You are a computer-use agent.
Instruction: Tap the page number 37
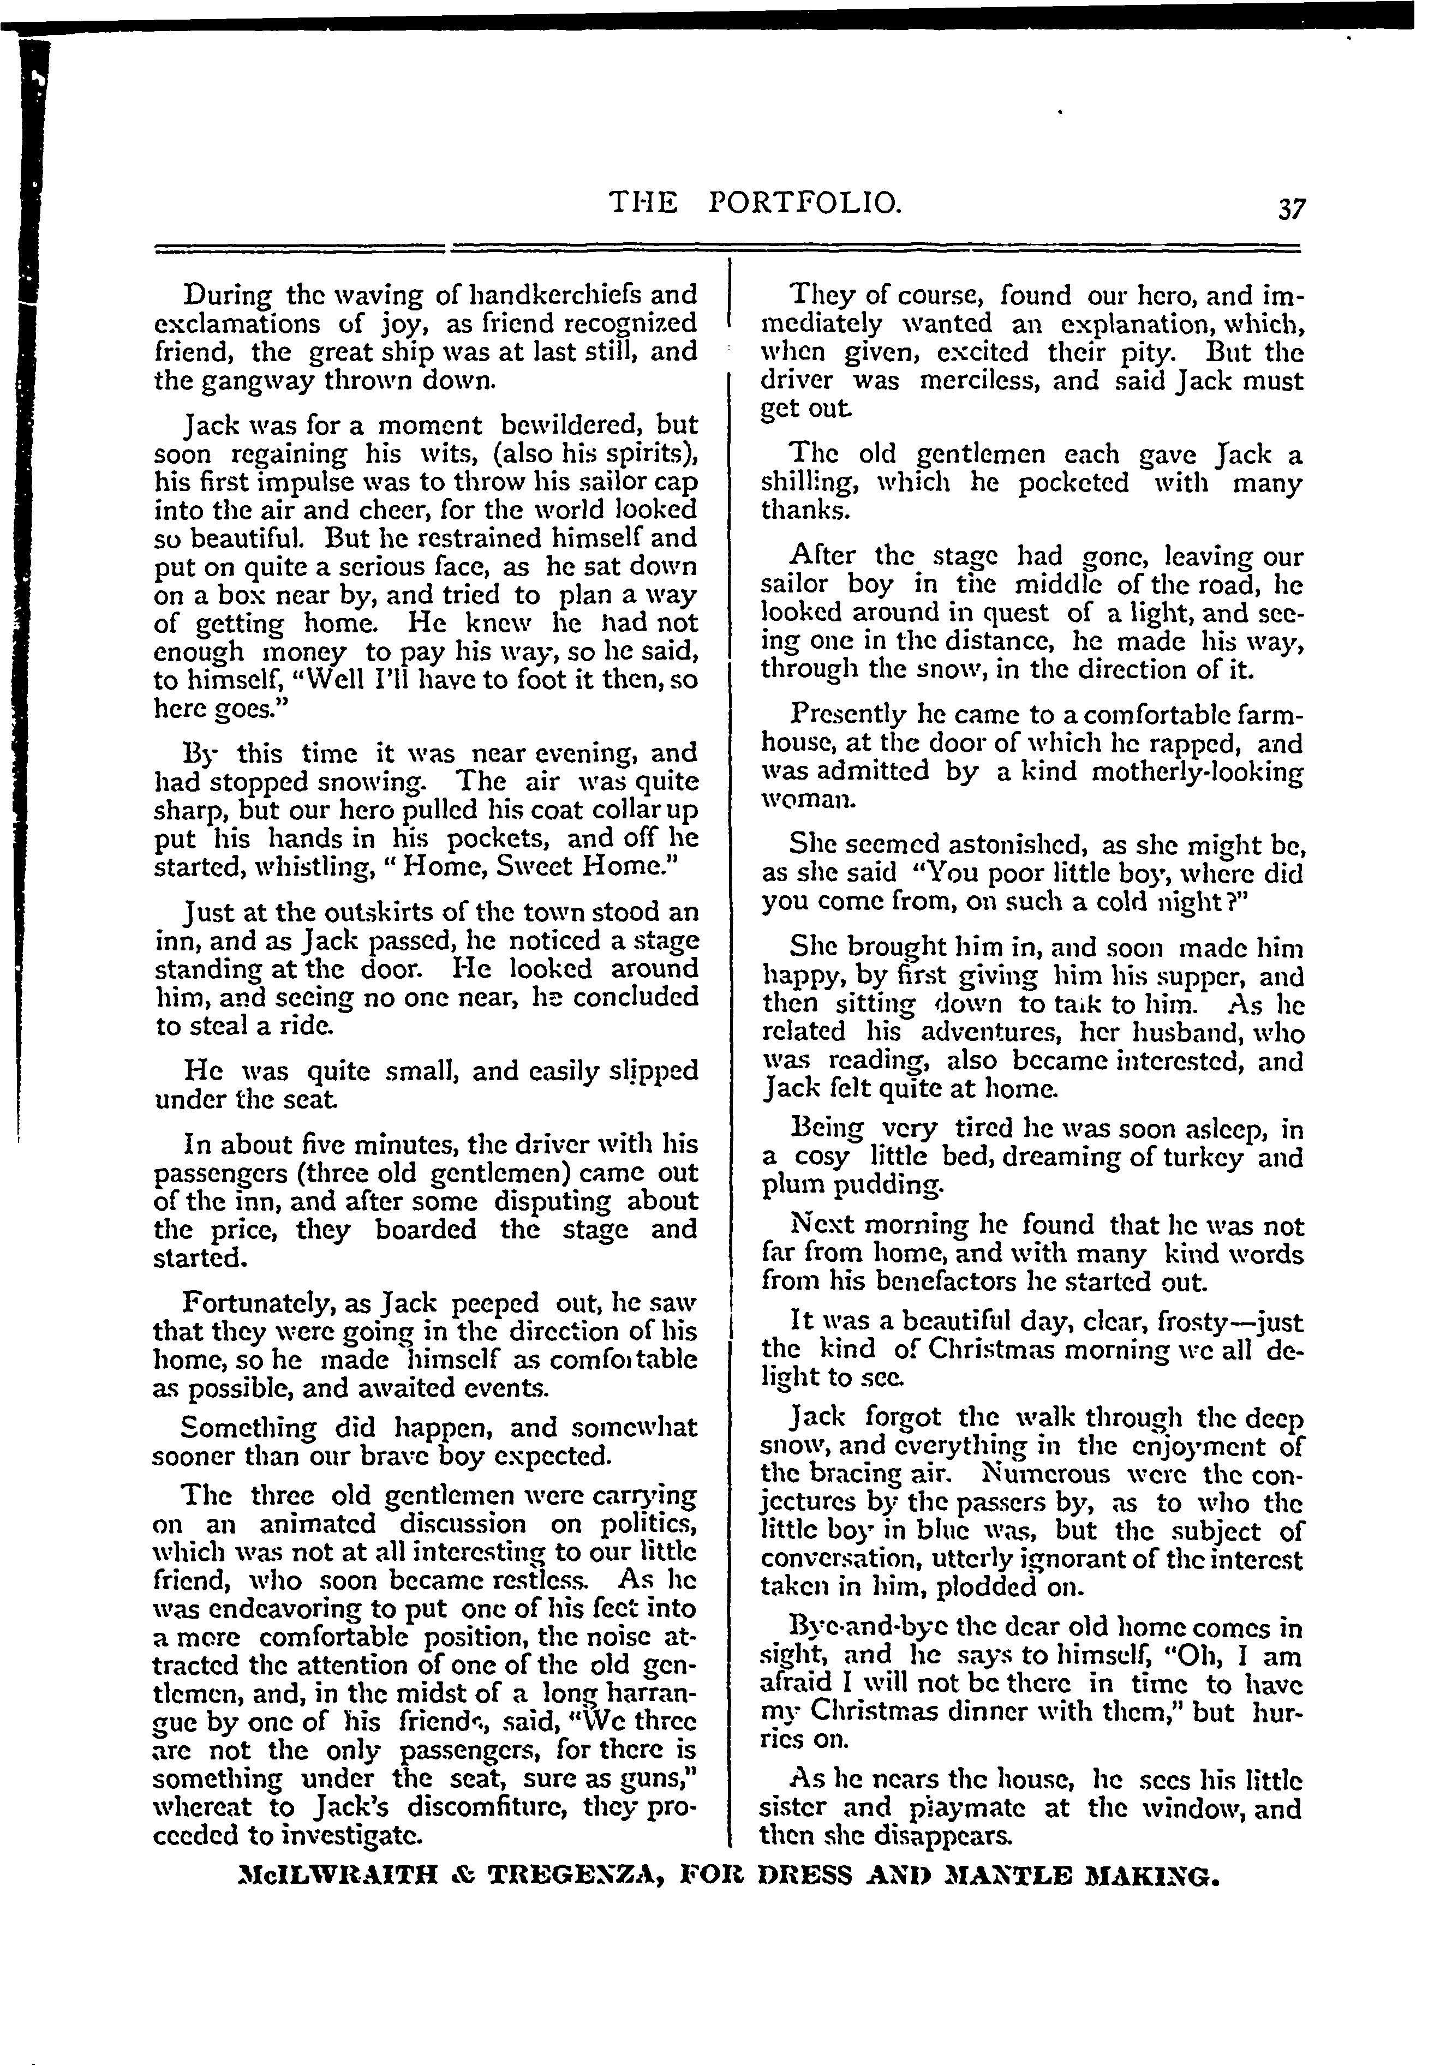pyautogui.click(x=1291, y=209)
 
